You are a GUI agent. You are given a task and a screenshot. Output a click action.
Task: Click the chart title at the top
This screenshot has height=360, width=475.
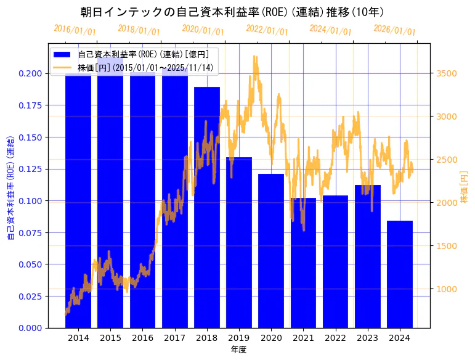click(x=237, y=12)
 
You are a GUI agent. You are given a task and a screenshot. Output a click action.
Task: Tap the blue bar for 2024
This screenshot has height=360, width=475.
click(x=400, y=274)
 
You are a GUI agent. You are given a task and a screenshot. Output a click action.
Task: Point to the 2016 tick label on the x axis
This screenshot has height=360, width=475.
click(x=143, y=338)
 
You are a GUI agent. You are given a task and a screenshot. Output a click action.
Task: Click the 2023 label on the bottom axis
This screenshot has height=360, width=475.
click(x=368, y=338)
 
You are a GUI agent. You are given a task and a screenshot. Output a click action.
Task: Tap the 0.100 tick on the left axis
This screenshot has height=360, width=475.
click(x=30, y=201)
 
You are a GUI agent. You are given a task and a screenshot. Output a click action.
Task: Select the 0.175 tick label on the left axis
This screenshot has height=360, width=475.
click(x=30, y=105)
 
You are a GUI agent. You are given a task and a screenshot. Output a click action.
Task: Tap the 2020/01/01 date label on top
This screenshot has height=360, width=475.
click(x=203, y=29)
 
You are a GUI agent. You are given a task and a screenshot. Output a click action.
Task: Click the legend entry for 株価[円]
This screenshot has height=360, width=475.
click(x=145, y=67)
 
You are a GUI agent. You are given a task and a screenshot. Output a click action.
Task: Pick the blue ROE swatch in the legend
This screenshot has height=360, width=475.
click(x=62, y=54)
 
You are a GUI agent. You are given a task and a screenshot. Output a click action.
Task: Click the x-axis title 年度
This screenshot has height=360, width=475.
click(x=238, y=350)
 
